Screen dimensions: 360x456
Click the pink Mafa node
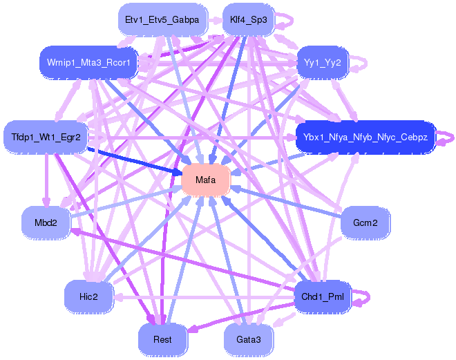coord(205,180)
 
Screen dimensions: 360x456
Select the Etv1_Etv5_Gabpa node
coord(162,20)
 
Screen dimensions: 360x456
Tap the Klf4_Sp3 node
coord(248,20)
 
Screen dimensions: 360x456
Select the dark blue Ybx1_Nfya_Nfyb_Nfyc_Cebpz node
coord(365,138)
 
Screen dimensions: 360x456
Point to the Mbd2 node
coord(46,223)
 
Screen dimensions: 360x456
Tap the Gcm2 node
coord(365,223)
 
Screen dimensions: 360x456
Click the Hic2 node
coord(88,296)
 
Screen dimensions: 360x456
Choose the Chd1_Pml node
coord(322,297)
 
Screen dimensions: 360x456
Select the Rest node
coord(162,339)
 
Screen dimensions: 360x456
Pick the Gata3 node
coord(248,339)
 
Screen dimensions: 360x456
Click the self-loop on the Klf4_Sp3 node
coord(285,21)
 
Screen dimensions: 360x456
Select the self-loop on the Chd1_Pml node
coord(363,297)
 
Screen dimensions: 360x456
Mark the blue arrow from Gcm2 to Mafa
coord(290,204)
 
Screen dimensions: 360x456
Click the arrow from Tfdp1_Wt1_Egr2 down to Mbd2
coord(46,180)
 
